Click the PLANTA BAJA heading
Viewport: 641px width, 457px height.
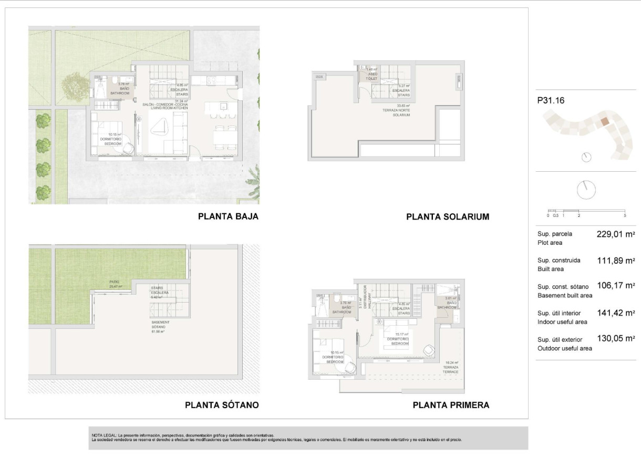click(x=228, y=216)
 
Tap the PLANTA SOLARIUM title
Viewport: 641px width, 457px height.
click(x=448, y=216)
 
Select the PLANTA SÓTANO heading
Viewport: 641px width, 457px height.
click(x=222, y=405)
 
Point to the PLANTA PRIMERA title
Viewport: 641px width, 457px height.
click(x=451, y=405)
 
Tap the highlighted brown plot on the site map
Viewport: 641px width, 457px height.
click(x=605, y=121)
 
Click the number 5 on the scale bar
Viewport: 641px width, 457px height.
click(x=625, y=215)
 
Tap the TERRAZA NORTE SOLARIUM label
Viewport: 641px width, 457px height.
click(x=396, y=110)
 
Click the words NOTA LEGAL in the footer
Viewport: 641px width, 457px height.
click(x=104, y=435)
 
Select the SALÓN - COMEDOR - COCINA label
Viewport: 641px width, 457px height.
click(x=166, y=105)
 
